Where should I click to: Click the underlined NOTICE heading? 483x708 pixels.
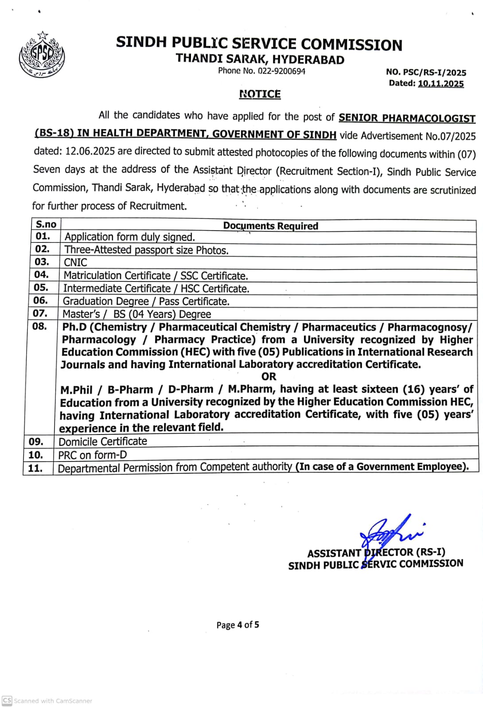(260, 94)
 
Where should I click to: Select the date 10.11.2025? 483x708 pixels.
(440, 84)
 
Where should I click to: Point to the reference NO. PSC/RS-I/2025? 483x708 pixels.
(426, 73)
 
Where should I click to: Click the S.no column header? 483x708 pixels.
(46, 224)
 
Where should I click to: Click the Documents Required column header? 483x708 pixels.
(270, 226)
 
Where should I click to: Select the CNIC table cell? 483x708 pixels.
(76, 262)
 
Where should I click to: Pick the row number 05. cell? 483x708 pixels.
(41, 288)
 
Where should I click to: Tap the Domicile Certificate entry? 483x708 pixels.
(103, 442)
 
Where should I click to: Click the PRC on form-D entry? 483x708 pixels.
(93, 455)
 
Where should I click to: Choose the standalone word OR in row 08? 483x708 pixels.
(269, 377)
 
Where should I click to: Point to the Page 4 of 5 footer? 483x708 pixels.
(238, 625)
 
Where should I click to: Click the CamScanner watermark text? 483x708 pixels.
(53, 701)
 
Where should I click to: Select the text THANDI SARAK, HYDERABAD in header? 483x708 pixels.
(260, 59)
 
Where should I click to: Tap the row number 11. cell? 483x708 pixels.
(35, 468)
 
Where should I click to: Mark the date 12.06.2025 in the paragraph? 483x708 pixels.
(90, 151)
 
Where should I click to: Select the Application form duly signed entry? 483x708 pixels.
(130, 237)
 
